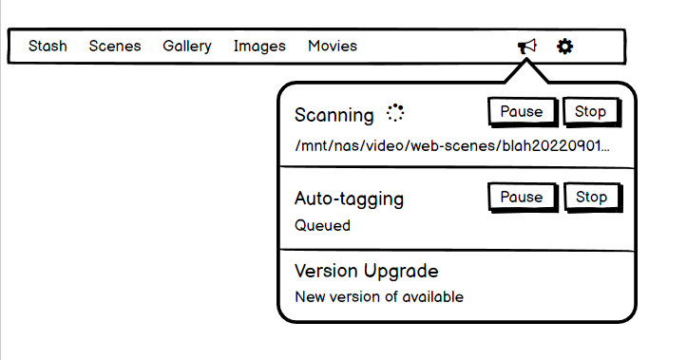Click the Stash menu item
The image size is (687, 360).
pyautogui.click(x=48, y=46)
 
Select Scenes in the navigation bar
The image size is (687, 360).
pyautogui.click(x=115, y=46)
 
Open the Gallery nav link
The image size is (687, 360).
pyautogui.click(x=187, y=46)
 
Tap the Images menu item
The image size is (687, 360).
pyautogui.click(x=259, y=46)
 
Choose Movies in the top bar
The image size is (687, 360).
pyautogui.click(x=333, y=46)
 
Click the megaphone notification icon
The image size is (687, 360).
pyautogui.click(x=526, y=46)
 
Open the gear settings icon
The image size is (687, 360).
pyautogui.click(x=565, y=46)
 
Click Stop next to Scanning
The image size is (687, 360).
pyautogui.click(x=590, y=112)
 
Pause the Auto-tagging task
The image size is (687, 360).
pyautogui.click(x=521, y=198)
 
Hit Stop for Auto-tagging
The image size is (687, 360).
pyautogui.click(x=590, y=198)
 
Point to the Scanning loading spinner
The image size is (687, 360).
pyautogui.click(x=395, y=113)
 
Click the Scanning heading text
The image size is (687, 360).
pyautogui.click(x=334, y=115)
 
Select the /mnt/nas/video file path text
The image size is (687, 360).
pyautogui.click(x=452, y=145)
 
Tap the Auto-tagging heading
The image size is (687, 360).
pyautogui.click(x=349, y=199)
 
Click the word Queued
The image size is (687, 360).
pyautogui.click(x=322, y=226)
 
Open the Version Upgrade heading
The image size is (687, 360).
pyautogui.click(x=366, y=271)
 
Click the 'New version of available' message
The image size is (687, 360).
pyautogui.click(x=379, y=296)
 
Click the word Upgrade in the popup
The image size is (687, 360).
pyautogui.click(x=401, y=272)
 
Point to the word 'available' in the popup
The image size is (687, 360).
pyautogui.click(x=431, y=296)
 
